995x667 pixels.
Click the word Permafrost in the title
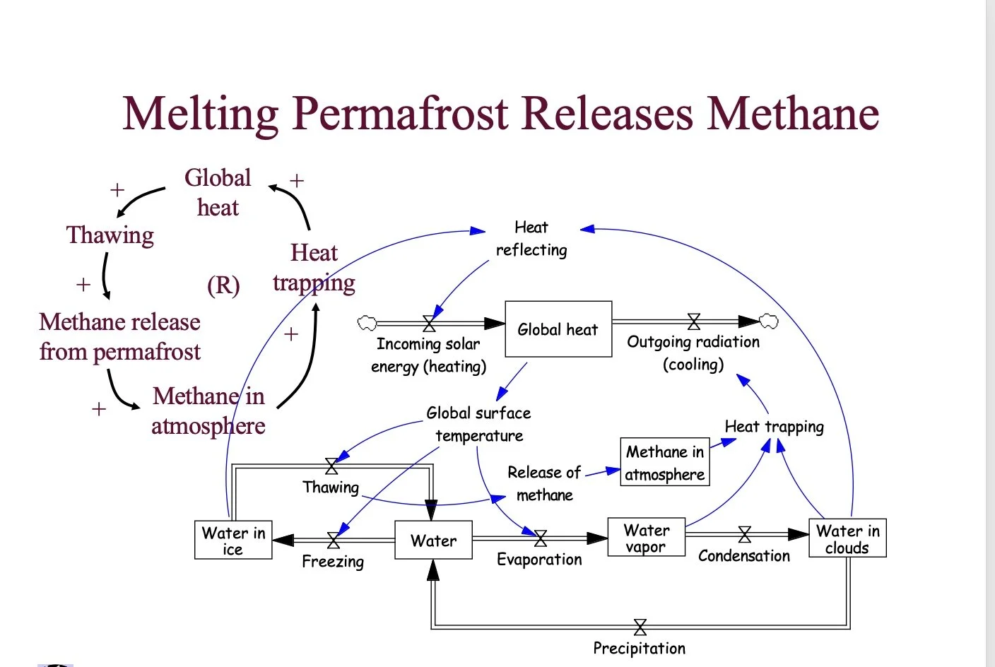[x=401, y=113]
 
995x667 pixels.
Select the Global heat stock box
[x=558, y=329]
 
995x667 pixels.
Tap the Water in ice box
[x=233, y=541]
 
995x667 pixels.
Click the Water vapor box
[x=646, y=538]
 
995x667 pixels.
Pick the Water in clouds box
[x=847, y=538]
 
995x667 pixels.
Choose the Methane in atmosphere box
[x=665, y=462]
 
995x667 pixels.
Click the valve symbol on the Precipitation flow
[x=640, y=627]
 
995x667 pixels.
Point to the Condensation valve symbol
[x=744, y=534]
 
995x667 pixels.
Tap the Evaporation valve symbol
[x=541, y=539]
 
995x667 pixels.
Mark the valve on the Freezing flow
[x=334, y=541]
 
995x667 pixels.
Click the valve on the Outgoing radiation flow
[x=694, y=322]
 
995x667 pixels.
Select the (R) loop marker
[x=223, y=285]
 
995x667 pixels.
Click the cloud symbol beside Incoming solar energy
[x=367, y=323]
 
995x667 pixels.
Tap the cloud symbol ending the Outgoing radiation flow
[x=769, y=321]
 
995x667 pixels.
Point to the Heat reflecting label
[x=531, y=238]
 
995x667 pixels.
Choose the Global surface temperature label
[x=478, y=424]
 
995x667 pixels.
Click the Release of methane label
[x=544, y=483]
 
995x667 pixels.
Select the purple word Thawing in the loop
[x=110, y=235]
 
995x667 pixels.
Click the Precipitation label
[x=639, y=648]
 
